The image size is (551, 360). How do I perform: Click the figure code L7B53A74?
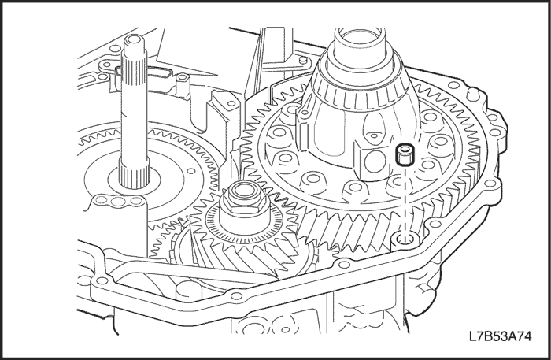pos(500,336)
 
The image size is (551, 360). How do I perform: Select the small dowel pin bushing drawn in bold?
pos(405,154)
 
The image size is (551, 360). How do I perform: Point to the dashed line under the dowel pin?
pos(405,202)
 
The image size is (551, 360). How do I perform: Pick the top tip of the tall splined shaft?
pos(134,35)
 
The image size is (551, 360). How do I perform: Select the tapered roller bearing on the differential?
pos(360,83)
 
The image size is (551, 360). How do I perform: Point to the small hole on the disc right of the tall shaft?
pos(191,171)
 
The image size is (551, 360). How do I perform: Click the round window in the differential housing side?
pos(374,161)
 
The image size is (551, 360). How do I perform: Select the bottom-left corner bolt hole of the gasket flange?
pos(102,280)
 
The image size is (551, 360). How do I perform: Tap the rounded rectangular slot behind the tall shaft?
pos(144,72)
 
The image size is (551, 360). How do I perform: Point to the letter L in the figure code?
pos(472,336)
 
